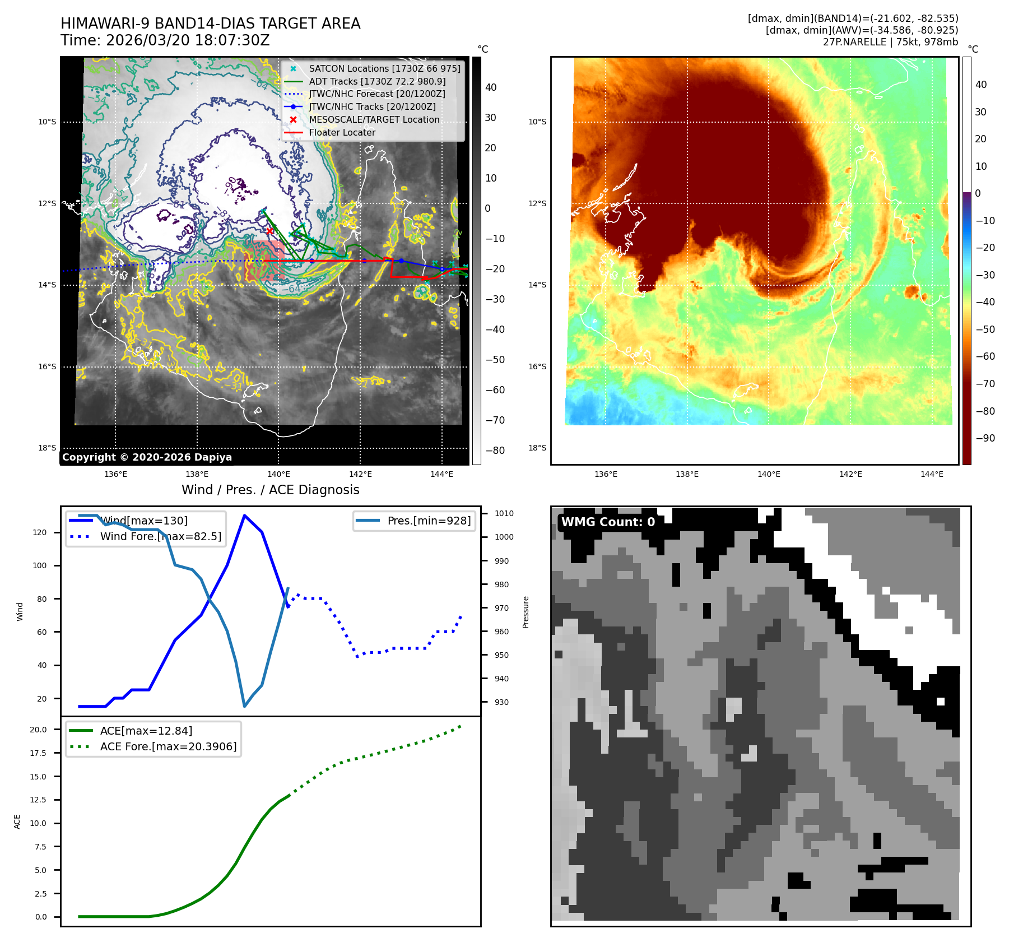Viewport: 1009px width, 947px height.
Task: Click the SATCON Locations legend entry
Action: point(384,68)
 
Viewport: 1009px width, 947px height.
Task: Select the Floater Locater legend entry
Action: point(342,132)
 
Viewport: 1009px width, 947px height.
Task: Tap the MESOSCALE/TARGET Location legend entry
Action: point(374,119)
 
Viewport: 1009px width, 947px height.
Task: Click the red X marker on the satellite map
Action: point(270,231)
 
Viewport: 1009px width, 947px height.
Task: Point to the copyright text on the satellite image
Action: point(147,457)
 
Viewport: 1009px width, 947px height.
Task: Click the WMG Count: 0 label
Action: point(608,522)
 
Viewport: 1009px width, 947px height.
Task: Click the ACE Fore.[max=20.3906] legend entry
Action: point(168,746)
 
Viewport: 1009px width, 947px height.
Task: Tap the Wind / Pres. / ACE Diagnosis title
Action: point(271,490)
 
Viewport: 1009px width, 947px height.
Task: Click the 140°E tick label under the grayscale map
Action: point(278,474)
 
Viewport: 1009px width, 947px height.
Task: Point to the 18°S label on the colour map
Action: point(537,448)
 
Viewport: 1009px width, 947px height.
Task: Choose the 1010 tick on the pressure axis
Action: point(504,513)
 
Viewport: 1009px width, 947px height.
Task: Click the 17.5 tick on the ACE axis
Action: point(38,753)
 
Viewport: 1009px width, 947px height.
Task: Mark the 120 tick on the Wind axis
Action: point(40,532)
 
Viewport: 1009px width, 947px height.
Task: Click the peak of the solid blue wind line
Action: point(244,515)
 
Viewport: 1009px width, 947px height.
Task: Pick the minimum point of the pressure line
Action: point(245,706)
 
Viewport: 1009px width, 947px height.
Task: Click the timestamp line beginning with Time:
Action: point(165,40)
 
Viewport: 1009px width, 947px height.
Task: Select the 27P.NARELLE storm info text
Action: point(890,42)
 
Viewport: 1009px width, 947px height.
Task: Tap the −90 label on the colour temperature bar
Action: point(985,438)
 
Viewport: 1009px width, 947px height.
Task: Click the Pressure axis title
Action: point(526,612)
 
